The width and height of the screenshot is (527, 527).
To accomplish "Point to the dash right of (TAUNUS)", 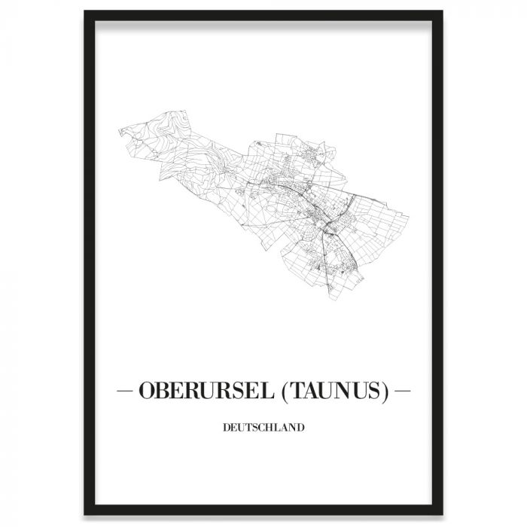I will (402, 392).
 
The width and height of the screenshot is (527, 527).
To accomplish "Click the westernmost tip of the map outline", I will (117, 129).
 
